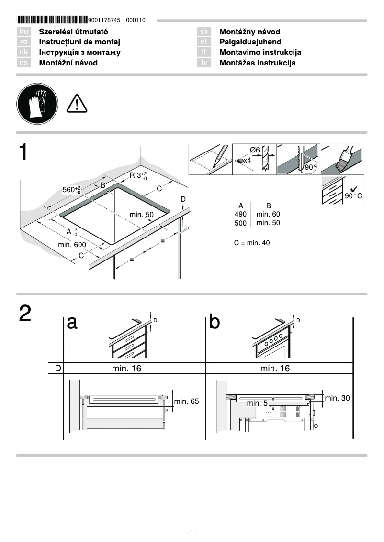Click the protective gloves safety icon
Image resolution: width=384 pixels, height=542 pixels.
[x=37, y=103]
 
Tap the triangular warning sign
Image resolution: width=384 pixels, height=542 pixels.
[x=76, y=104]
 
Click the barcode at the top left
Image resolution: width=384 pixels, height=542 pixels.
[x=52, y=20]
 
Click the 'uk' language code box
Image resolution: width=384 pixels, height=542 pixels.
[x=23, y=53]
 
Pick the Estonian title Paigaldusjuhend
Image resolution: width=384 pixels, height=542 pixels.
[x=250, y=42]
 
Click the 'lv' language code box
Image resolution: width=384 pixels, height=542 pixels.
[x=204, y=63]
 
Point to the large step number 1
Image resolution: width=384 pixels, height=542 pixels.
[x=24, y=152]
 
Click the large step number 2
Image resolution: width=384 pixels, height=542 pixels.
[x=25, y=314]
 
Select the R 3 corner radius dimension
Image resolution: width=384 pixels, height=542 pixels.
[x=138, y=175]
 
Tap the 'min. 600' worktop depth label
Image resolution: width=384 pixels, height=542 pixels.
[x=72, y=245]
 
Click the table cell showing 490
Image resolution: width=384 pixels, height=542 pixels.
[x=240, y=215]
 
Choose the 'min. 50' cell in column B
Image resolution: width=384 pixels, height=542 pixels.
[x=268, y=223]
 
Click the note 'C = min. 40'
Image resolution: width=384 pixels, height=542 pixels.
[x=252, y=243]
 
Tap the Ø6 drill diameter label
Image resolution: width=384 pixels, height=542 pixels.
[x=255, y=150]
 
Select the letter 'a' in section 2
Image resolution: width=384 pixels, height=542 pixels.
[x=72, y=323]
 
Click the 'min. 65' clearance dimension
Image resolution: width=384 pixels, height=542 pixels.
[x=186, y=401]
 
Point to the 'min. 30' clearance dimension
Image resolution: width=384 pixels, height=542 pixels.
[x=337, y=398]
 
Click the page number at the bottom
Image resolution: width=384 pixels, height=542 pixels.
[x=192, y=532]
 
